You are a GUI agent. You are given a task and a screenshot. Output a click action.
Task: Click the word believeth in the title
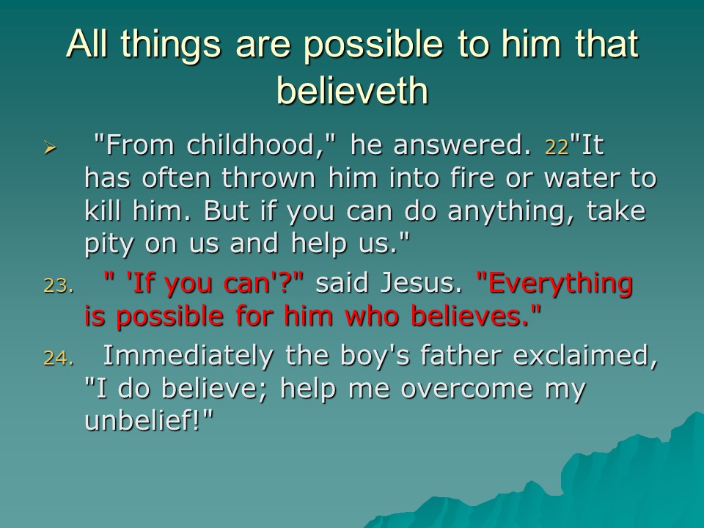point(353,90)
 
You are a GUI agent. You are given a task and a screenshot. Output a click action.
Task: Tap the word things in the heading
point(171,45)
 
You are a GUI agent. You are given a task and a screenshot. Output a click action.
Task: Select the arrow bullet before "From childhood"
point(49,147)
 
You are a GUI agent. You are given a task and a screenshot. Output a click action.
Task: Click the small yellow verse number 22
point(557,147)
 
